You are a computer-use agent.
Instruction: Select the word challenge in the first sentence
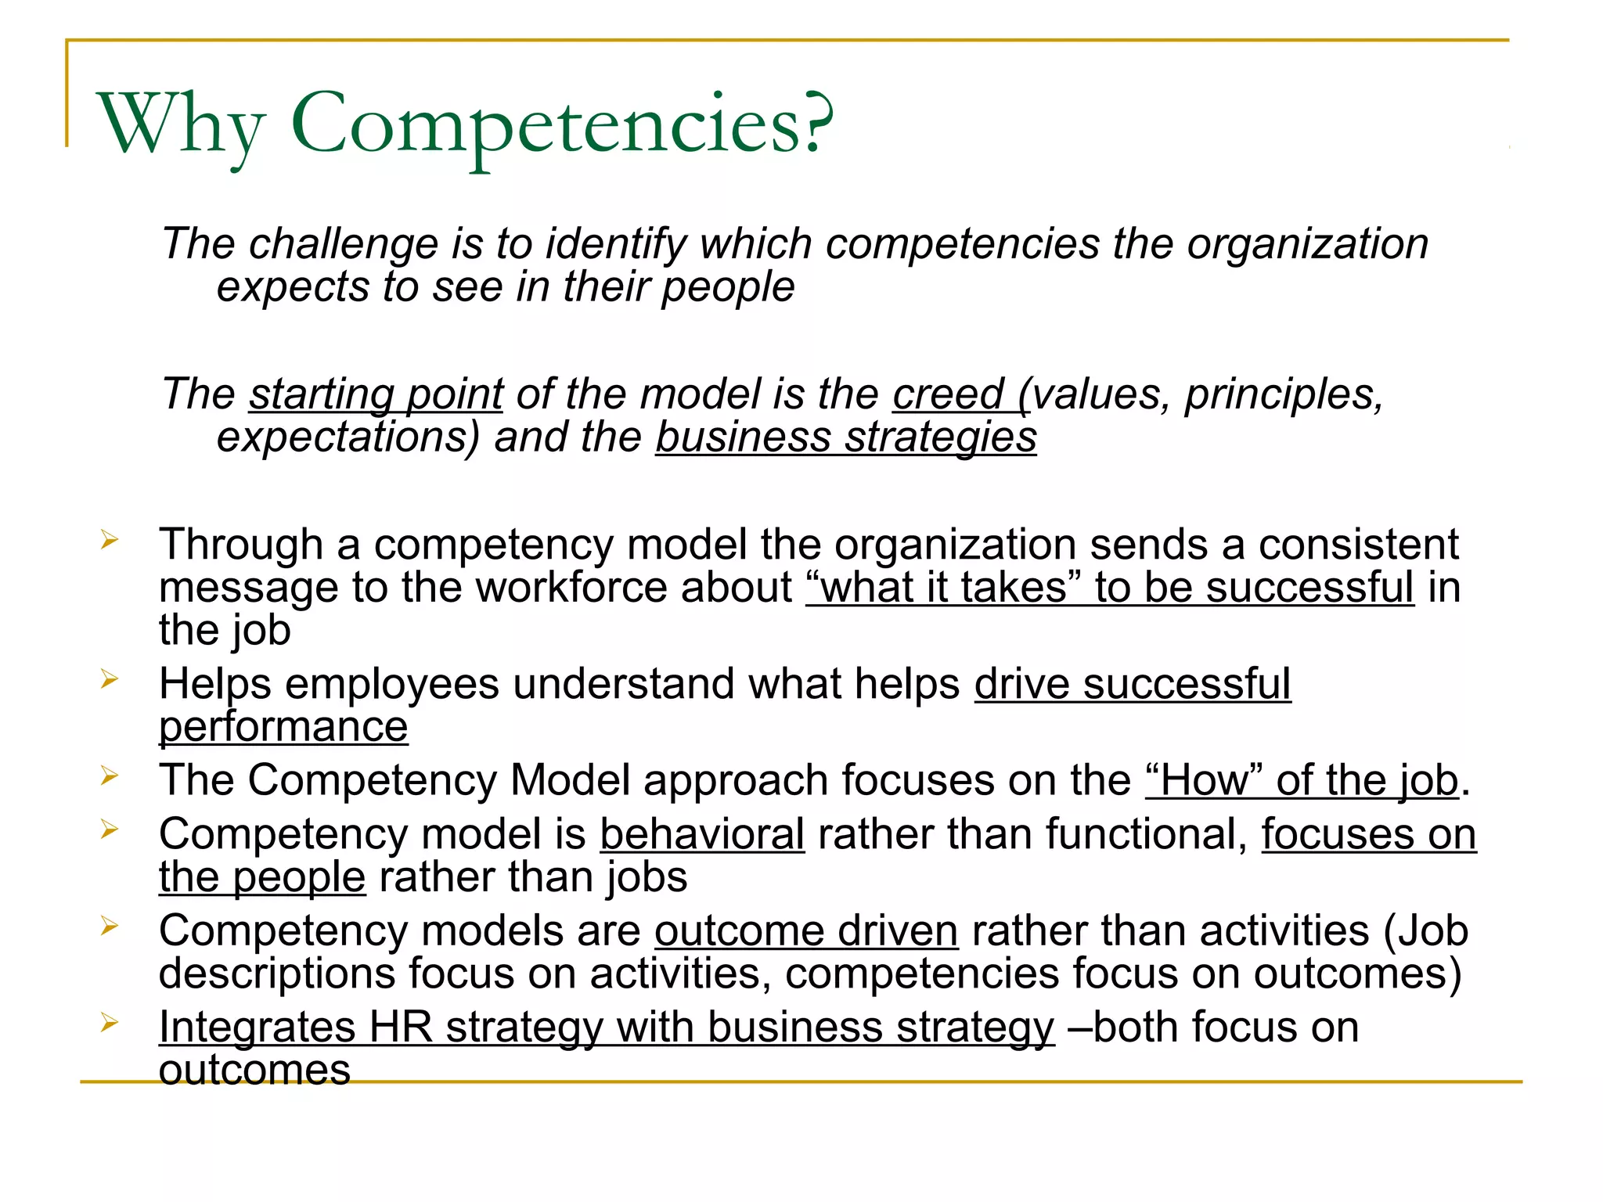click(x=344, y=244)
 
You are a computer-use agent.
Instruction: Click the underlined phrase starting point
click(x=376, y=394)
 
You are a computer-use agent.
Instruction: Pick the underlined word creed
click(x=948, y=394)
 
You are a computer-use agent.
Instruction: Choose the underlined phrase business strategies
click(x=846, y=437)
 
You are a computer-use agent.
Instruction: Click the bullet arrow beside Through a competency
click(x=109, y=539)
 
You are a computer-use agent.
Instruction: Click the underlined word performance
click(x=283, y=727)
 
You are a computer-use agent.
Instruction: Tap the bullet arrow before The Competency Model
click(x=109, y=776)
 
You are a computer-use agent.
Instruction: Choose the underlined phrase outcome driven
click(x=806, y=931)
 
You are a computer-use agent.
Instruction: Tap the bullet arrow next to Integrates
click(x=109, y=1022)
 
